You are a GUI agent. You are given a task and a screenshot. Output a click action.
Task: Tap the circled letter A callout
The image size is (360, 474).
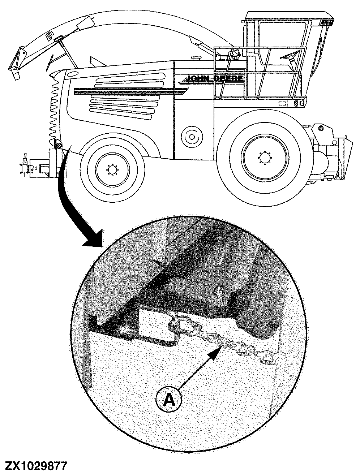(168, 400)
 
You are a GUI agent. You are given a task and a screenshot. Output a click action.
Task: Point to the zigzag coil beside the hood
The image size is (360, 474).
(54, 108)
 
